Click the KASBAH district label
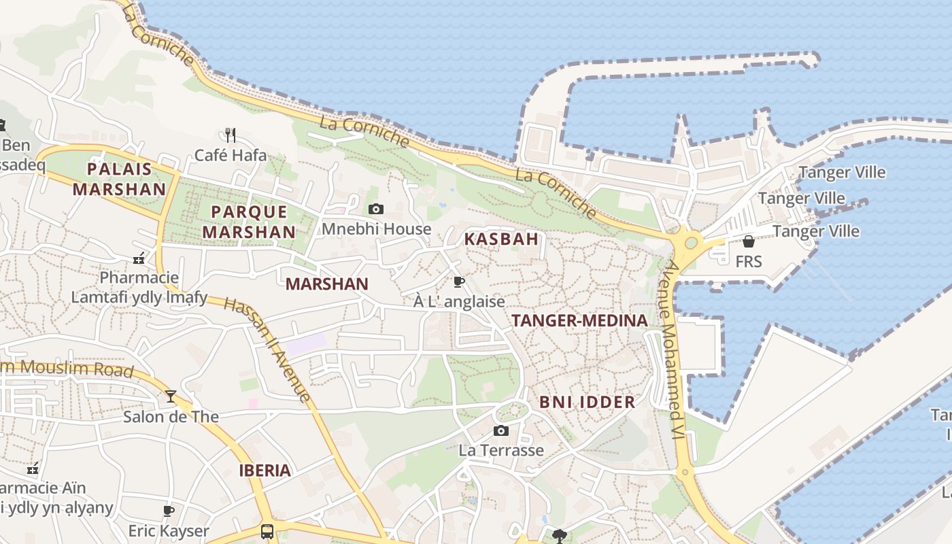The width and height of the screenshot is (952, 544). [501, 239]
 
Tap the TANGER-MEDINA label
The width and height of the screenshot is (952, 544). [579, 320]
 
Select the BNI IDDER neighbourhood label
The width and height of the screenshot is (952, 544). [588, 402]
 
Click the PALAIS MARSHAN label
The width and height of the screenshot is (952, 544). [119, 179]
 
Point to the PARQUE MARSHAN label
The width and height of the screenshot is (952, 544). [250, 222]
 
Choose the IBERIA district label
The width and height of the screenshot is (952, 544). [265, 470]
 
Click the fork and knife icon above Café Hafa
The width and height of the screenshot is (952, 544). [231, 135]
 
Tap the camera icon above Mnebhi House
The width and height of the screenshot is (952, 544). [375, 209]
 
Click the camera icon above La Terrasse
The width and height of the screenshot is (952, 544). [500, 430]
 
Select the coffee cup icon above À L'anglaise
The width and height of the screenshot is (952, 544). [459, 282]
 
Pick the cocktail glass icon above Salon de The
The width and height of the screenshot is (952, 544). [170, 396]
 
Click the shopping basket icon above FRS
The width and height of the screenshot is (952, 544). [748, 241]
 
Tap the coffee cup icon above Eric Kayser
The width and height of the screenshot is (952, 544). [169, 511]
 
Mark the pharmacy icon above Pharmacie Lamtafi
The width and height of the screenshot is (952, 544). [139, 258]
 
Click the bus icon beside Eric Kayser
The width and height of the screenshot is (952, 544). [267, 531]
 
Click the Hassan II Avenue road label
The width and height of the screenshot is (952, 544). [268, 350]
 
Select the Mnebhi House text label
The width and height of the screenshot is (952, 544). [376, 229]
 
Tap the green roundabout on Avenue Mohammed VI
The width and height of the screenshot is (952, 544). [690, 241]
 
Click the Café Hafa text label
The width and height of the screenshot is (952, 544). [231, 155]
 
